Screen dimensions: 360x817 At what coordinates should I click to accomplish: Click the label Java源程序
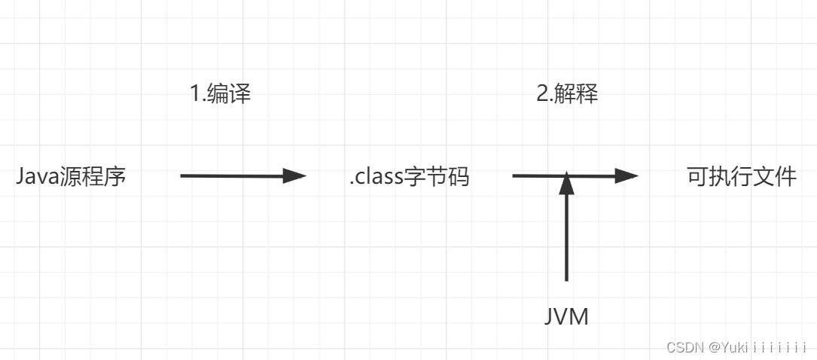coord(71,177)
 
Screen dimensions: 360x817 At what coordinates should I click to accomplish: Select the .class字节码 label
coord(409,177)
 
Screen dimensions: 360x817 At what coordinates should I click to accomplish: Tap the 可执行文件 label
coord(742,177)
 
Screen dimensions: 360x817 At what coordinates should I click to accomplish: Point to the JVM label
coord(566,317)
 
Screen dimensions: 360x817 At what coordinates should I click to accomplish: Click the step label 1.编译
coord(220,94)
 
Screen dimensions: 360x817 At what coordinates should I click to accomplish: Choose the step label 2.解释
coord(567,94)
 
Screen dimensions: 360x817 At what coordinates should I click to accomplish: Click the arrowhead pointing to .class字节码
coord(294,176)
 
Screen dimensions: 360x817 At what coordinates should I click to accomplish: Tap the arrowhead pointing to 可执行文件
coord(626,176)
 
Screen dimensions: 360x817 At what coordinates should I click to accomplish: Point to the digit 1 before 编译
coord(194,94)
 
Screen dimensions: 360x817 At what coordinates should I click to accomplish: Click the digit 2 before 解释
coord(541,94)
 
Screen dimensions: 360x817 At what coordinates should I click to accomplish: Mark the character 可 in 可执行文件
coord(697,177)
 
